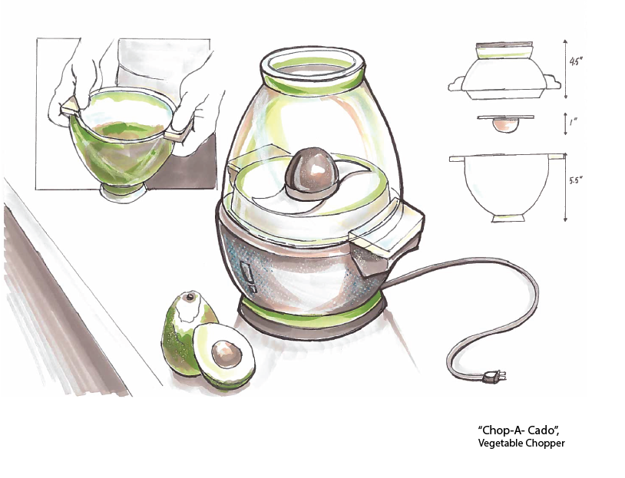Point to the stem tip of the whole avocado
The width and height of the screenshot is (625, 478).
point(189,296)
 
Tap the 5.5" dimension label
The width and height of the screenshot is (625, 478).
point(577,180)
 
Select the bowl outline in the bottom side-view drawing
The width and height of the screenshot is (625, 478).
point(509,188)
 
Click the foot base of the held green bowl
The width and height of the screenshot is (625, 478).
point(122,189)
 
